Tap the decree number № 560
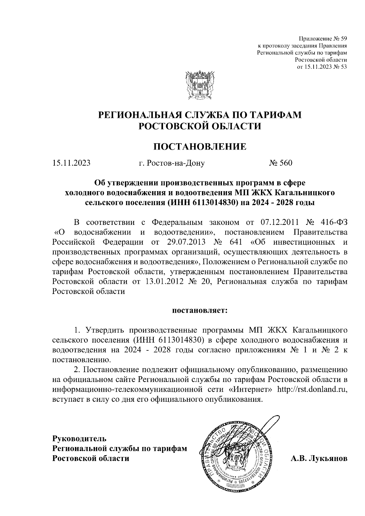[280, 163]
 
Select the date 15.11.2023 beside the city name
[71, 163]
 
